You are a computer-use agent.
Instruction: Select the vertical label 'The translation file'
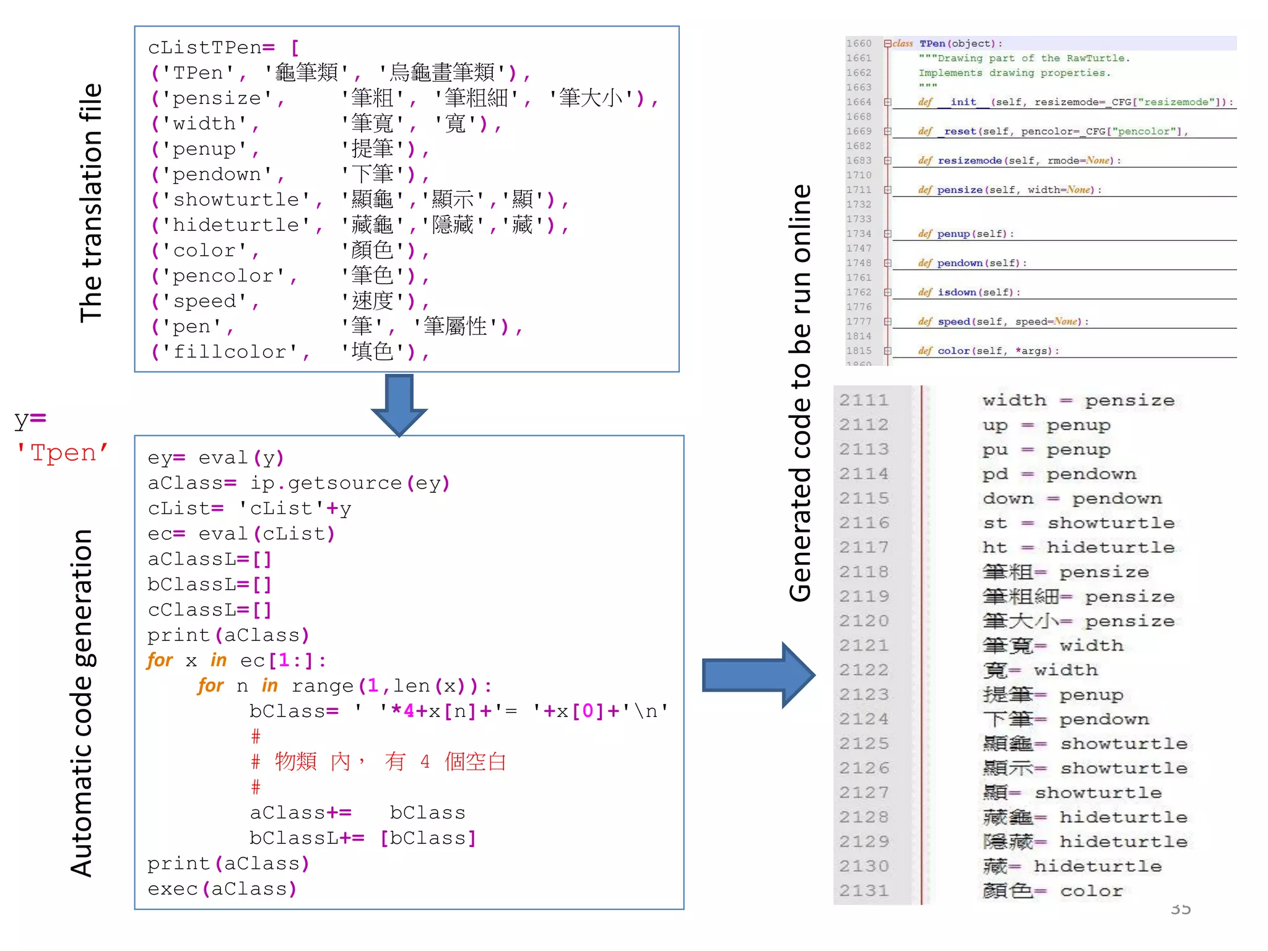tap(91, 203)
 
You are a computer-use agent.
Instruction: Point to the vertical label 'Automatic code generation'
tap(82, 702)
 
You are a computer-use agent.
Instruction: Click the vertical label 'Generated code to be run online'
tap(800, 393)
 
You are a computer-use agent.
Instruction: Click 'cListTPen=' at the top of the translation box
tap(211, 48)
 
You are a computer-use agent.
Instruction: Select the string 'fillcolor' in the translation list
tap(230, 352)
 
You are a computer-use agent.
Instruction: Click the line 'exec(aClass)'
tap(222, 889)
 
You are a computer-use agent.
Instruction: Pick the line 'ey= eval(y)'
tap(215, 458)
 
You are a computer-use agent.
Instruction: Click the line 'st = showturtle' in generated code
tap(1078, 523)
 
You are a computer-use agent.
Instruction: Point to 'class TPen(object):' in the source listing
tap(947, 43)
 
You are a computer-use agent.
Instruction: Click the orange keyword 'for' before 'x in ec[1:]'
tap(160, 661)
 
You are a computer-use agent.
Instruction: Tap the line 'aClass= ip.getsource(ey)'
tap(298, 484)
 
